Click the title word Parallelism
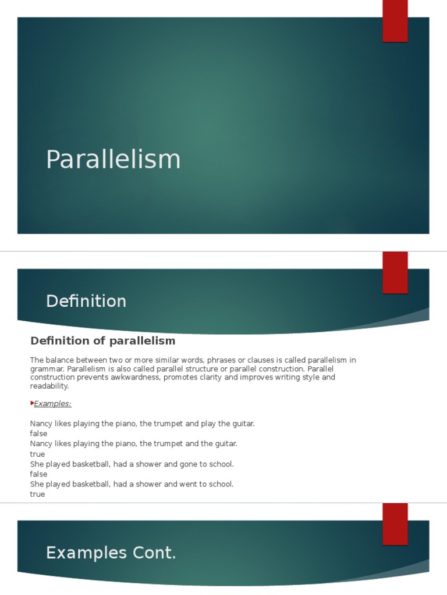pos(113,160)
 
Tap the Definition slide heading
pos(86,301)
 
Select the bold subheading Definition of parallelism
pos(102,340)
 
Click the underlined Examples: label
pos(53,403)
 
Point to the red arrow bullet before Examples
pos(32,403)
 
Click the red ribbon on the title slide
pos(395,21)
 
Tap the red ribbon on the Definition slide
pos(395,273)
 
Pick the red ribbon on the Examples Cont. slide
pos(395,524)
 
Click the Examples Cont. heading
pos(111,553)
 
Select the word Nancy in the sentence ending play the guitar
pos(41,424)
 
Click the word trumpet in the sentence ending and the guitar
pos(172,444)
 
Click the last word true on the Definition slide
pos(37,494)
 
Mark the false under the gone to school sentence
pos(38,474)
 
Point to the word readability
pos(49,386)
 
